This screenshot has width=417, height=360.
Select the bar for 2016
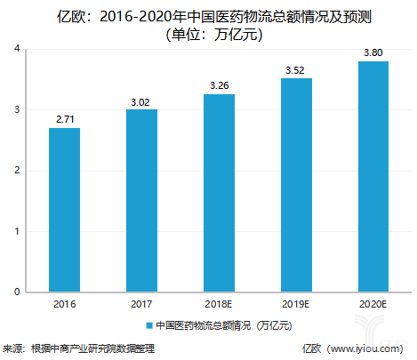tap(64, 210)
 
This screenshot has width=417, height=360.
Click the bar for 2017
tap(141, 201)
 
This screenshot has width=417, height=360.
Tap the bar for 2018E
tap(219, 193)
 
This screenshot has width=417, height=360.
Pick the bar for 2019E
tap(296, 185)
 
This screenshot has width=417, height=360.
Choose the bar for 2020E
tap(373, 176)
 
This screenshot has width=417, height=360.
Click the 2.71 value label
tap(64, 117)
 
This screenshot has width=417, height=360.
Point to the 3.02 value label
tap(141, 99)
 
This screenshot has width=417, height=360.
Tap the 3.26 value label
tap(219, 84)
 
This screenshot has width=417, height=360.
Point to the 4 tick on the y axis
tap(17, 49)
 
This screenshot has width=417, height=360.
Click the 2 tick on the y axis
tap(17, 171)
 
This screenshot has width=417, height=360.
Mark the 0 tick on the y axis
tap(17, 292)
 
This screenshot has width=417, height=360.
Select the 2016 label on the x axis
tap(64, 304)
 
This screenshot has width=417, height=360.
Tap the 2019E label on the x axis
tap(296, 304)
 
